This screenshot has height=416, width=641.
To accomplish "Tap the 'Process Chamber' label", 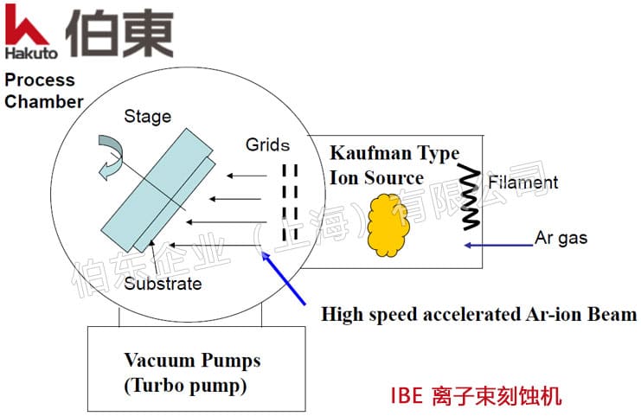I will [43, 91].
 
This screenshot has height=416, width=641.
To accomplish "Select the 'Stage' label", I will [147, 117].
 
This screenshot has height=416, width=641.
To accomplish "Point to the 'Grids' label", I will [267, 144].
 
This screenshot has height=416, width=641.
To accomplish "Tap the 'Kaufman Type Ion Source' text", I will [394, 166].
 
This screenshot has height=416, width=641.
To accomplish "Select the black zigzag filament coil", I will [470, 198].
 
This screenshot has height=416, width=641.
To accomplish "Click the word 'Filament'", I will [522, 182].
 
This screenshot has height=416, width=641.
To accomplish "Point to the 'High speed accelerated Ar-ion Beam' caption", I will [478, 314].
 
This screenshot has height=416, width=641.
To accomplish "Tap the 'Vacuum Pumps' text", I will [191, 360].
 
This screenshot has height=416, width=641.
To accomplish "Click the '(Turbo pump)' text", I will [184, 386].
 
